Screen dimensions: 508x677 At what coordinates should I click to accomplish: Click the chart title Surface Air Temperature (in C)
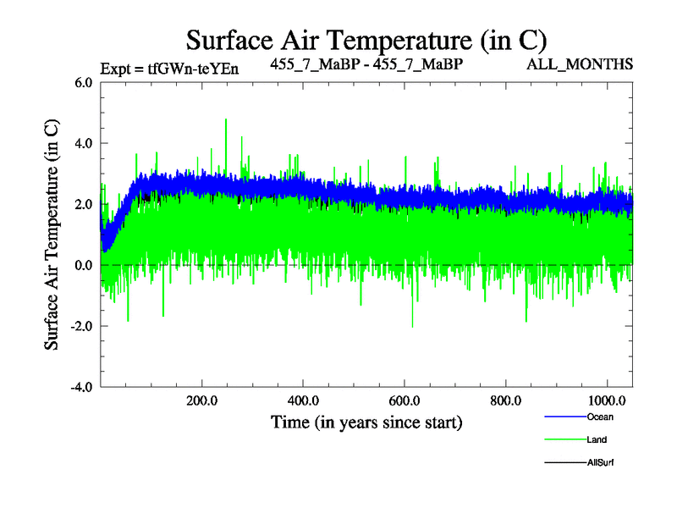click(x=366, y=40)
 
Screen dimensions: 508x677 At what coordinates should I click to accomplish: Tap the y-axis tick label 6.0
click(x=82, y=83)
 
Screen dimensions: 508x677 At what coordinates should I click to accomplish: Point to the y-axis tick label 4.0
click(x=82, y=144)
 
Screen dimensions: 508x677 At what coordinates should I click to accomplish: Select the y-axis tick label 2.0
click(x=82, y=205)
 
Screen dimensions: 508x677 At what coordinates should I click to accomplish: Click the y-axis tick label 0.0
click(x=82, y=266)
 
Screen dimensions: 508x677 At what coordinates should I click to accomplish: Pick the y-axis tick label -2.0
click(x=80, y=327)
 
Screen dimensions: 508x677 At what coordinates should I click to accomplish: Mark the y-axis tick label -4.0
click(x=80, y=388)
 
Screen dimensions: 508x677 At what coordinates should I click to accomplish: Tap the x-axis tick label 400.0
click(x=303, y=400)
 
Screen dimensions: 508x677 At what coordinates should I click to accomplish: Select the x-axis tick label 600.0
click(x=405, y=400)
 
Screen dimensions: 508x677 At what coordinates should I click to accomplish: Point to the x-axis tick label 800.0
click(x=505, y=400)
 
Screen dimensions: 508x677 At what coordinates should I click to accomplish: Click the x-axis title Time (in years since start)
click(x=366, y=421)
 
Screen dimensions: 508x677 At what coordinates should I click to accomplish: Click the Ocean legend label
click(x=599, y=417)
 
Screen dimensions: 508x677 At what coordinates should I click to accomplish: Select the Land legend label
click(x=597, y=439)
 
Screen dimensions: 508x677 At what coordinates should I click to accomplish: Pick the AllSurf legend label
click(x=599, y=462)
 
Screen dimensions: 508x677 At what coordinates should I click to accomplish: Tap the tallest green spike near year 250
click(x=226, y=121)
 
